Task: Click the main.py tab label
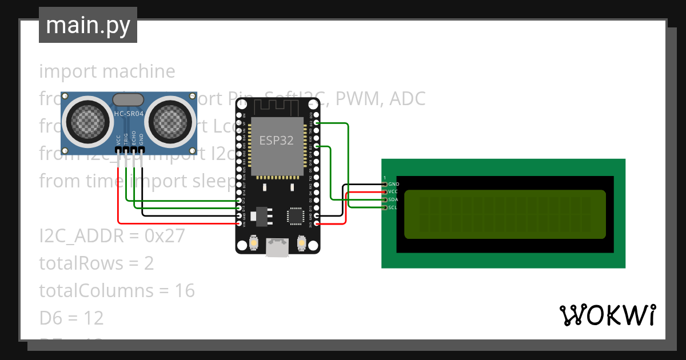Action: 88,25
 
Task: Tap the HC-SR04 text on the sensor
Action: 129,114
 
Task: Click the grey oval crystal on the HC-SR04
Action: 129,99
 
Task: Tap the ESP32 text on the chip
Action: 277,141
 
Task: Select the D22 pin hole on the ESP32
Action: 316,123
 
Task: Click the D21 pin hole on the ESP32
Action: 316,146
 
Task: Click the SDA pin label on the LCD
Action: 393,200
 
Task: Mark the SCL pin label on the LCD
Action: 393,207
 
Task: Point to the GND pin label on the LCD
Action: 393,184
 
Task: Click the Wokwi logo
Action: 607,315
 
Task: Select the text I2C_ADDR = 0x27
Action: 112,236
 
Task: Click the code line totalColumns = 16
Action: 117,291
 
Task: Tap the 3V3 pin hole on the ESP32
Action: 316,223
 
